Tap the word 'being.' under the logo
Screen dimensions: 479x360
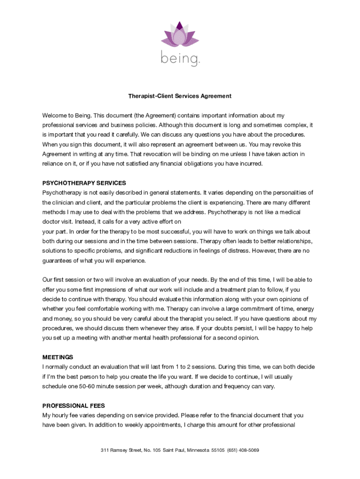pos(180,59)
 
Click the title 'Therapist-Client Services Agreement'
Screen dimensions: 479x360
pos(180,96)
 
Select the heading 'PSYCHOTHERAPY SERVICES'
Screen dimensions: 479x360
pos(84,183)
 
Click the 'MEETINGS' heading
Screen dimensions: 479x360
pos(58,357)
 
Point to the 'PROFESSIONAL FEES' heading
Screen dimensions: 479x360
pos(73,406)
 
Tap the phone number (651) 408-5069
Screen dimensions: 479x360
pos(243,450)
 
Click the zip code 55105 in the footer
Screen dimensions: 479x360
pos(218,450)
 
